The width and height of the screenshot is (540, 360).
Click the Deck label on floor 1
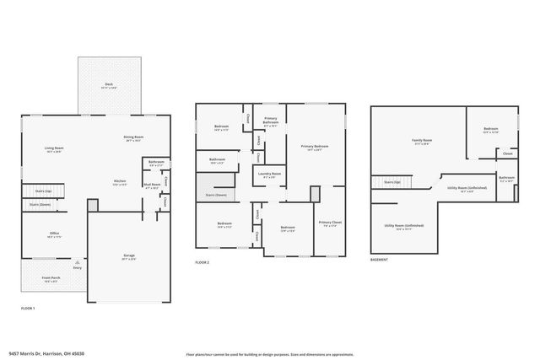[x=109, y=84]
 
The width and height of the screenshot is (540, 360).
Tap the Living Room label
[x=54, y=149]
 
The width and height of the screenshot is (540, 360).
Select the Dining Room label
[x=134, y=138]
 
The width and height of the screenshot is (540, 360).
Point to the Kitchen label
[x=121, y=182]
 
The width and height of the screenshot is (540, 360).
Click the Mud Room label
[x=152, y=185]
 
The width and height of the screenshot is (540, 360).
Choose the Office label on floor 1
[x=54, y=234]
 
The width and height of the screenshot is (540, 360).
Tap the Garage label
[x=129, y=257]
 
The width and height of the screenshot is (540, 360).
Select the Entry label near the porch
[x=78, y=268]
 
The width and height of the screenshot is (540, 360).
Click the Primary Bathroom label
[x=270, y=121]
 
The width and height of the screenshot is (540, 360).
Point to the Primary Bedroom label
[x=315, y=147]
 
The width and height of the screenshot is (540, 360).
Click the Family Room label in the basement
[x=421, y=141]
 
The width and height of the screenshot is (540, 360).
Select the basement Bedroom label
[x=490, y=130]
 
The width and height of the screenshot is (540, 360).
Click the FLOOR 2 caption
[x=202, y=262]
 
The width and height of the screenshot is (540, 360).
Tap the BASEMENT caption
[x=379, y=260]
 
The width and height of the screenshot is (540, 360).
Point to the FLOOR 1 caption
[x=29, y=309]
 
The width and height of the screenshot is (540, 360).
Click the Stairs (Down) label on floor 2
[x=215, y=195]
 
